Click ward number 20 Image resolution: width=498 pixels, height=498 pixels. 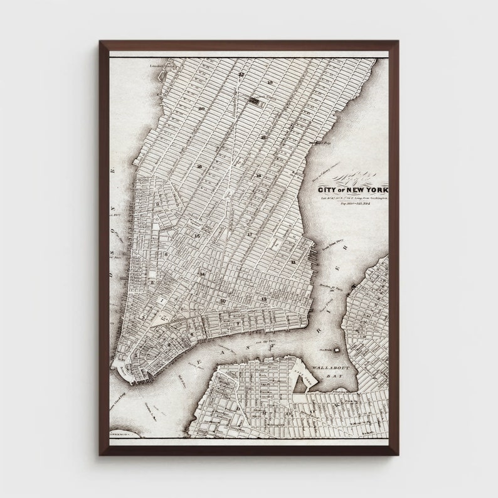(x=201, y=109)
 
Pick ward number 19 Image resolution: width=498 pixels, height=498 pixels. (x=270, y=83)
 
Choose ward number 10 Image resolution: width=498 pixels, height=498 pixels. (x=223, y=301)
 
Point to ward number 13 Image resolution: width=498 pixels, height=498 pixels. (x=264, y=300)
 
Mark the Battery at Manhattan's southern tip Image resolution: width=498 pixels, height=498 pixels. (x=128, y=370)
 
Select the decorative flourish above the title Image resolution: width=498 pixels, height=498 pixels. (x=354, y=178)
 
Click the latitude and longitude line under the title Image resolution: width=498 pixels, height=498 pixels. (x=354, y=198)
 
